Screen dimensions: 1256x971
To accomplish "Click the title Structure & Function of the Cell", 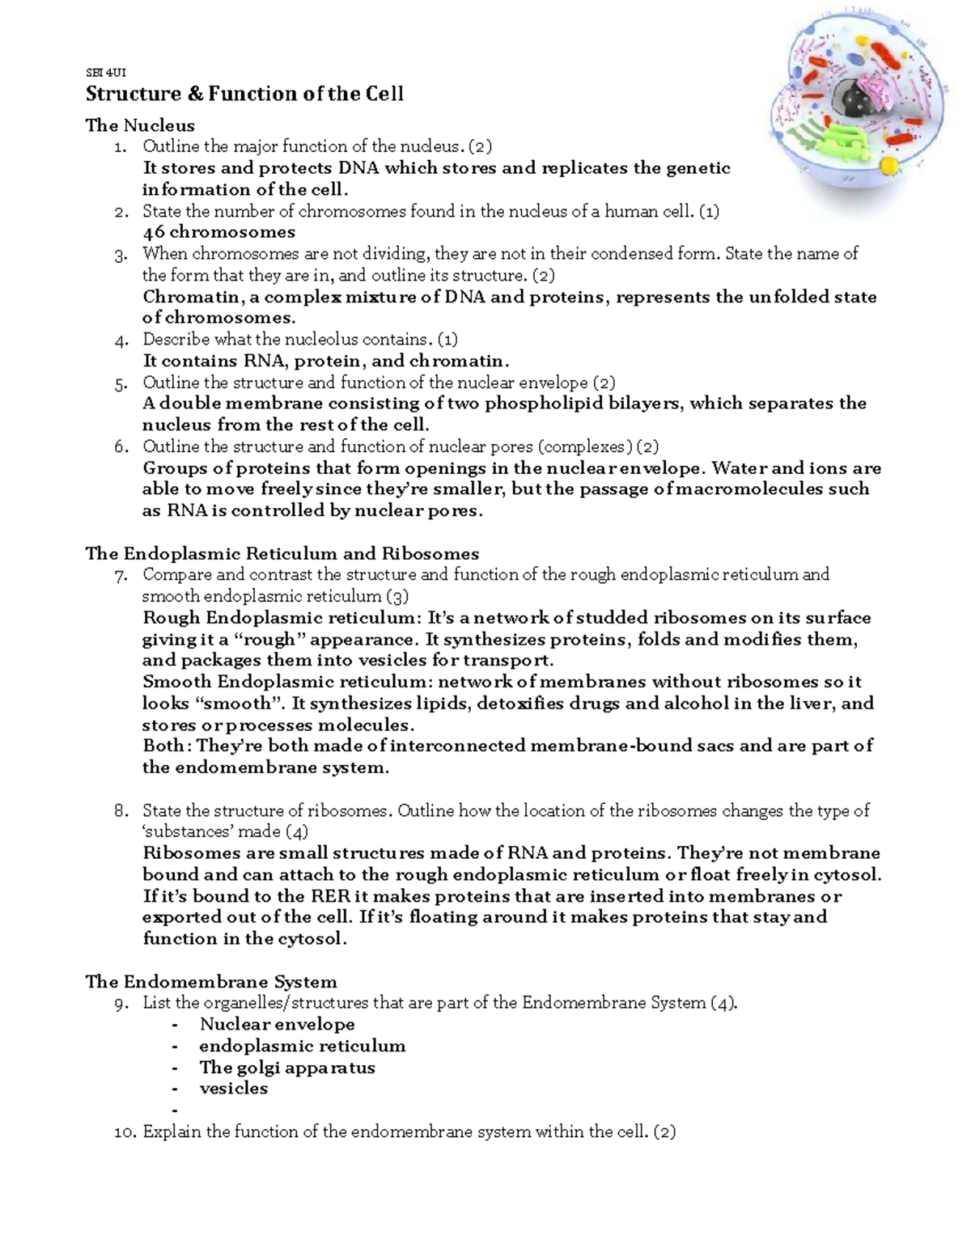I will pyautogui.click(x=244, y=94).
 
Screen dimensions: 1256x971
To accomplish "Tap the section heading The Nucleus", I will pyautogui.click(x=140, y=125).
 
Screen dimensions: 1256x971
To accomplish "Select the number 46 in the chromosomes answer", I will pyautogui.click(x=154, y=232).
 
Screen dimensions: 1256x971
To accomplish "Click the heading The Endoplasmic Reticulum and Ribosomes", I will pyautogui.click(x=282, y=554).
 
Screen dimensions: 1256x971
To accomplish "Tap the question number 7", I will pyautogui.click(x=121, y=576).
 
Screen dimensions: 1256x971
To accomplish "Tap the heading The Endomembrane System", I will pyautogui.click(x=210, y=982).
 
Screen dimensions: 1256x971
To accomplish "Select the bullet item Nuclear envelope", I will pyautogui.click(x=277, y=1025).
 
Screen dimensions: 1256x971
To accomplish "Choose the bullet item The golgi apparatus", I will pyautogui.click(x=287, y=1068).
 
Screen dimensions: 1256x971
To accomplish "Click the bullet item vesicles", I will pyautogui.click(x=233, y=1089).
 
